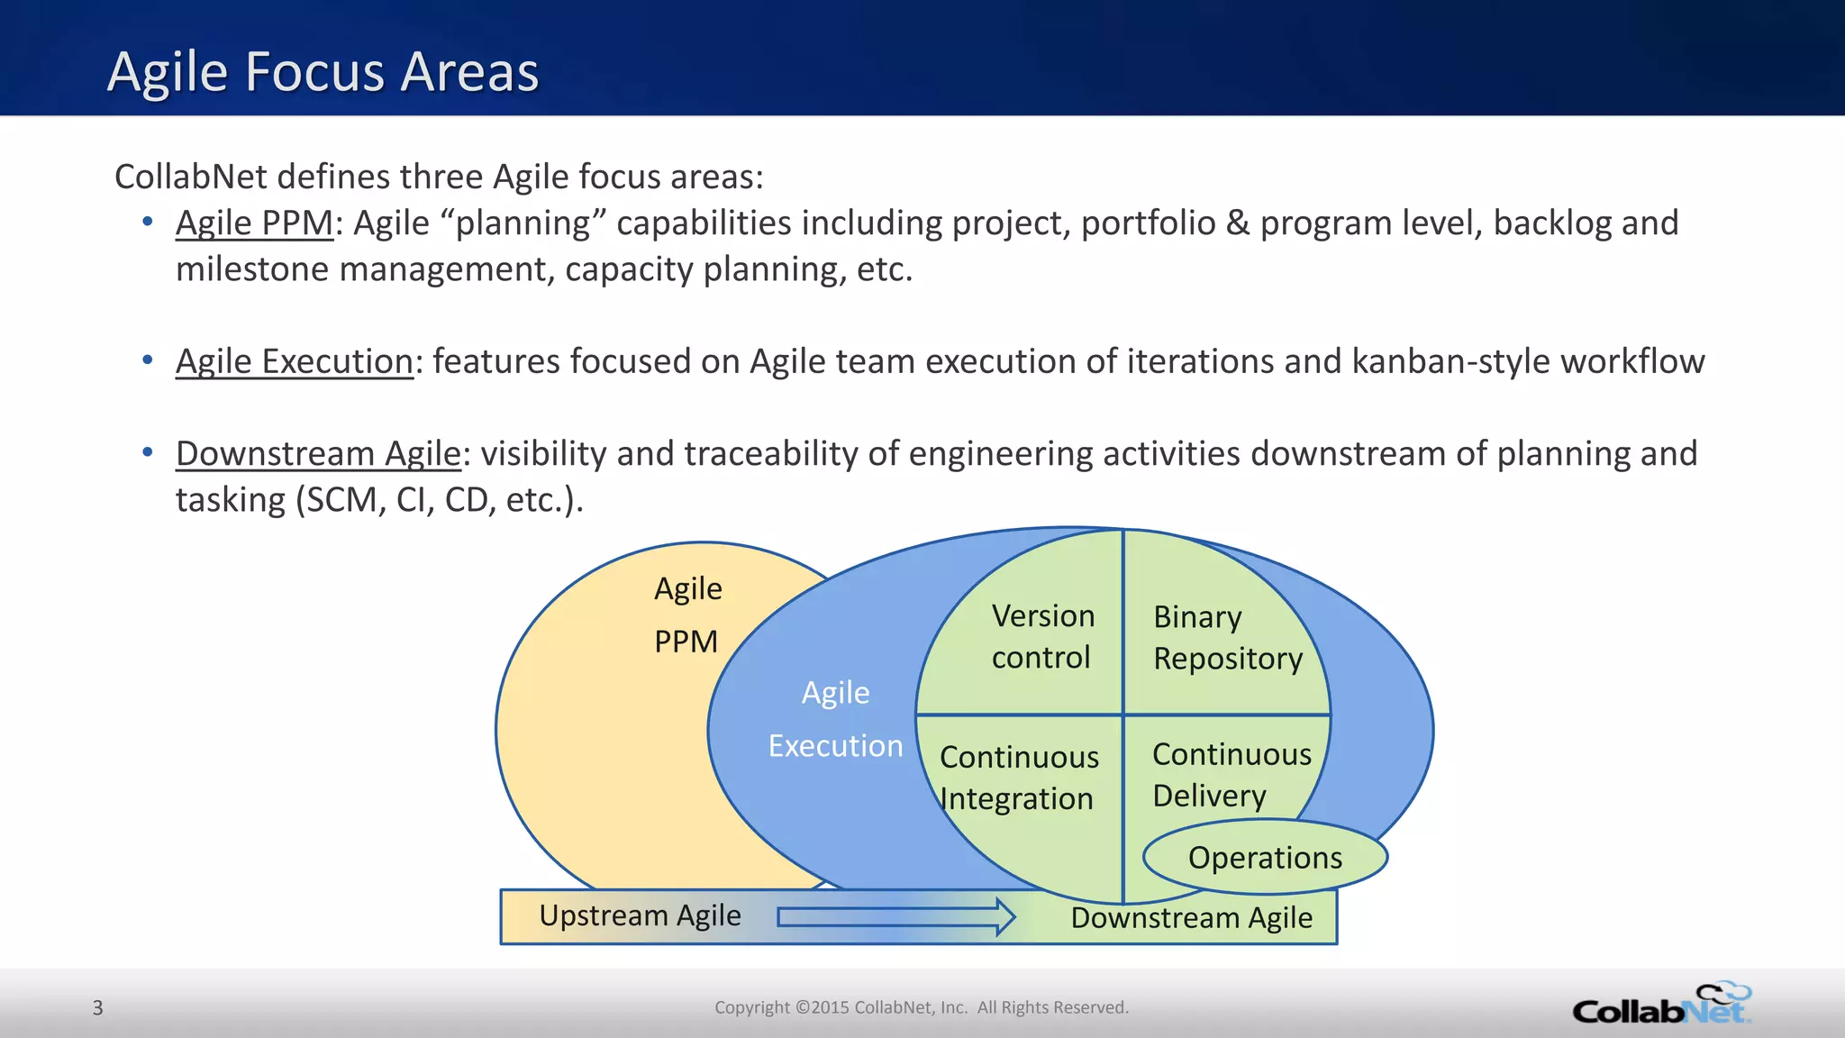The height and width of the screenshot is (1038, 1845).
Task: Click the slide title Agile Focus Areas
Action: point(323,72)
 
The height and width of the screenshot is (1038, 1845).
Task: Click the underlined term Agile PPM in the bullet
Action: point(254,223)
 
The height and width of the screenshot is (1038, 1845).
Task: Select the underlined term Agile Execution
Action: point(294,361)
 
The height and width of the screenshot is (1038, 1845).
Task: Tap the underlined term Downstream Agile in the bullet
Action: point(318,453)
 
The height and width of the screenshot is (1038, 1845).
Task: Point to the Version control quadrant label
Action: point(1042,636)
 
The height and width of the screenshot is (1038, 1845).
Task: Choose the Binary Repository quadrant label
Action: point(1227,638)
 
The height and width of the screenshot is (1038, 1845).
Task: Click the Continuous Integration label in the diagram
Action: point(1018,778)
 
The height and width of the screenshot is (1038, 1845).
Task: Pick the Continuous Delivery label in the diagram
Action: point(1231,775)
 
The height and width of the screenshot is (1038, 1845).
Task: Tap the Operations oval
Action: point(1265,858)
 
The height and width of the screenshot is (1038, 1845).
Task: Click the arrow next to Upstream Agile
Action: point(895,916)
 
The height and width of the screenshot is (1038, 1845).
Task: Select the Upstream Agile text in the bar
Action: point(640,915)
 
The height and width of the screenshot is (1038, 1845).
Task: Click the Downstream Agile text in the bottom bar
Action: point(1191,918)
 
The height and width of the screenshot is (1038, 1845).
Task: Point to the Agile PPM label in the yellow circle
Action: point(687,615)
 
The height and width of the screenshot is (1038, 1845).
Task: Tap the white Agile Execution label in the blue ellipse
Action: point(835,719)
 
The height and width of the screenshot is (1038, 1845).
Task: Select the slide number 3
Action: point(98,1007)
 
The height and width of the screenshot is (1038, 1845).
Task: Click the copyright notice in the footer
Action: point(921,1007)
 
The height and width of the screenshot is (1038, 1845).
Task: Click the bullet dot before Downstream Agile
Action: point(148,451)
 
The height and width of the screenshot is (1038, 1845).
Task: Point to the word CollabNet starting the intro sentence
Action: point(190,177)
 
